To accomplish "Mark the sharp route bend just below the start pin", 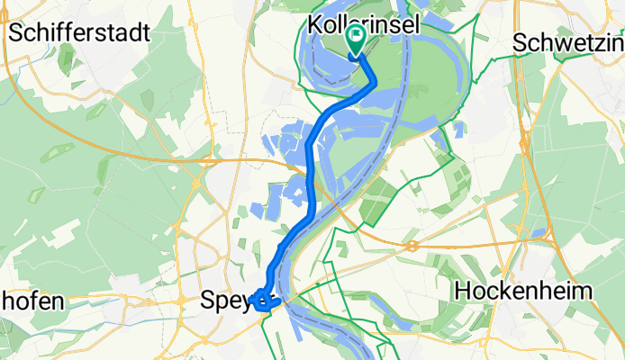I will coord(373,83).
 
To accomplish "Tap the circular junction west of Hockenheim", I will coord(411,245).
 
